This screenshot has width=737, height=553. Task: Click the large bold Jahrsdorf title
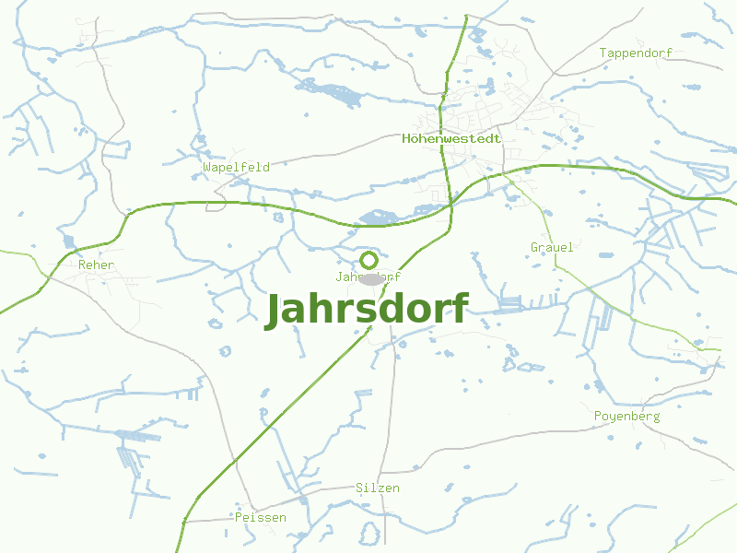[x=367, y=310]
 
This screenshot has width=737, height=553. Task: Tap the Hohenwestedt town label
[x=451, y=139]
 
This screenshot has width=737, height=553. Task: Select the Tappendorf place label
[x=636, y=53]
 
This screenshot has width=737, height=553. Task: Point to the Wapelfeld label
[x=236, y=168]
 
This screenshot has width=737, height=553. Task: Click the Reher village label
[x=97, y=265]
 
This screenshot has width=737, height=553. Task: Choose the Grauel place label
[x=552, y=247]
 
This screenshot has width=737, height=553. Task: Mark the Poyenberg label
[x=626, y=417]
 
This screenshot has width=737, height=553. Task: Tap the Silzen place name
[x=378, y=488]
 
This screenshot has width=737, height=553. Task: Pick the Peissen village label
[x=260, y=517]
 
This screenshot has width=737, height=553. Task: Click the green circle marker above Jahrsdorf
[x=368, y=260]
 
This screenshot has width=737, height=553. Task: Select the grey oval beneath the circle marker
[x=371, y=278]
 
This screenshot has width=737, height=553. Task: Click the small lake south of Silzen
[x=368, y=533]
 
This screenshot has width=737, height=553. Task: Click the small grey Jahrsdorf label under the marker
[x=368, y=276]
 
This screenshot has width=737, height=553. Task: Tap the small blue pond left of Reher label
[x=66, y=241]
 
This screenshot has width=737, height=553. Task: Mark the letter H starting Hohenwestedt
[x=406, y=139]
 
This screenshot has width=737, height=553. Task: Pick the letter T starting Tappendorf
[x=603, y=53]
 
